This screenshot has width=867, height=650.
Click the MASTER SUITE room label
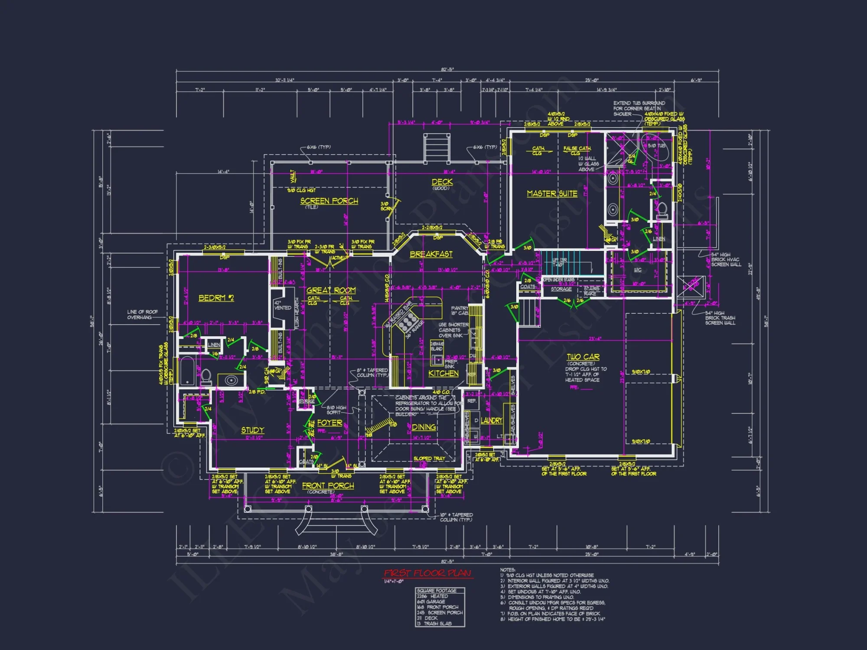point(552,194)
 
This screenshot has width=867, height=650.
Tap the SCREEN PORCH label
point(329,201)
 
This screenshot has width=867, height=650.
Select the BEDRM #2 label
point(216,298)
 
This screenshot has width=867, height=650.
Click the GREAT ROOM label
point(331,290)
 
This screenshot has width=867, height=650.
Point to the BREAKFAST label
point(431,254)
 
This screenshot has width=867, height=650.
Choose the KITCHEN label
point(443,374)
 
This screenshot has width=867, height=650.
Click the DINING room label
point(424,427)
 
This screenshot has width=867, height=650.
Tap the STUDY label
point(252,430)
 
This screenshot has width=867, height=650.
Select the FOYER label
point(329,423)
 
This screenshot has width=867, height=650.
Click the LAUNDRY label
point(491,421)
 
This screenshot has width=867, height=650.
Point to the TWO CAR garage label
point(583,357)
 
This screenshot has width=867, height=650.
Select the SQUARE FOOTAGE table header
point(437,591)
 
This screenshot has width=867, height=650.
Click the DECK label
point(442,182)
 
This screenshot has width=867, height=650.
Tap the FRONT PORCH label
point(328,486)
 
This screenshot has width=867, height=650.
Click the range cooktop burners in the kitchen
point(407,323)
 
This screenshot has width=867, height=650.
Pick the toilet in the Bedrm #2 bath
point(206,376)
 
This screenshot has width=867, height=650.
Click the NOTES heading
point(508,570)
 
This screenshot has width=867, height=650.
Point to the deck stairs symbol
point(437,147)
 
